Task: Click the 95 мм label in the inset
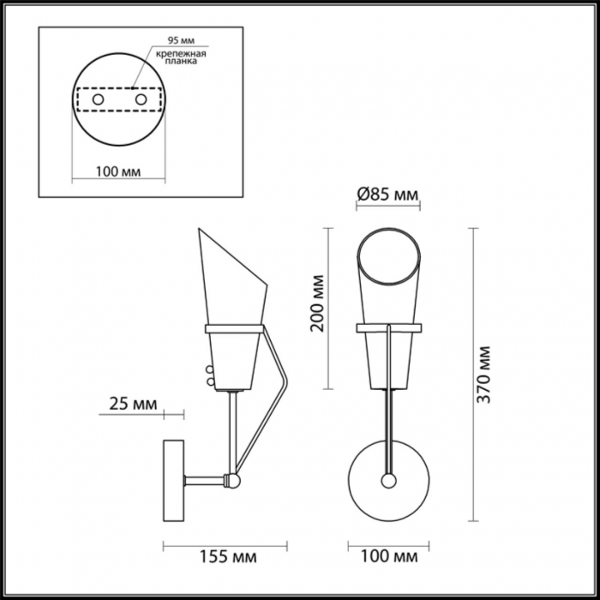pos(182,40)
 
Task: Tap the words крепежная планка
pos(181,57)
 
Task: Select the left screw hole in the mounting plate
pos(98,100)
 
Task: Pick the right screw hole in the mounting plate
pos(141,100)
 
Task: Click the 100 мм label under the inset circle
pos(118,171)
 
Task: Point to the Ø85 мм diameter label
pos(387,195)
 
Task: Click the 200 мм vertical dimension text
pos(318,303)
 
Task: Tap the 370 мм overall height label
pos(483,375)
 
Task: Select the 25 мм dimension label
pos(133,404)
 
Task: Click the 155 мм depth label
pos(228,557)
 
